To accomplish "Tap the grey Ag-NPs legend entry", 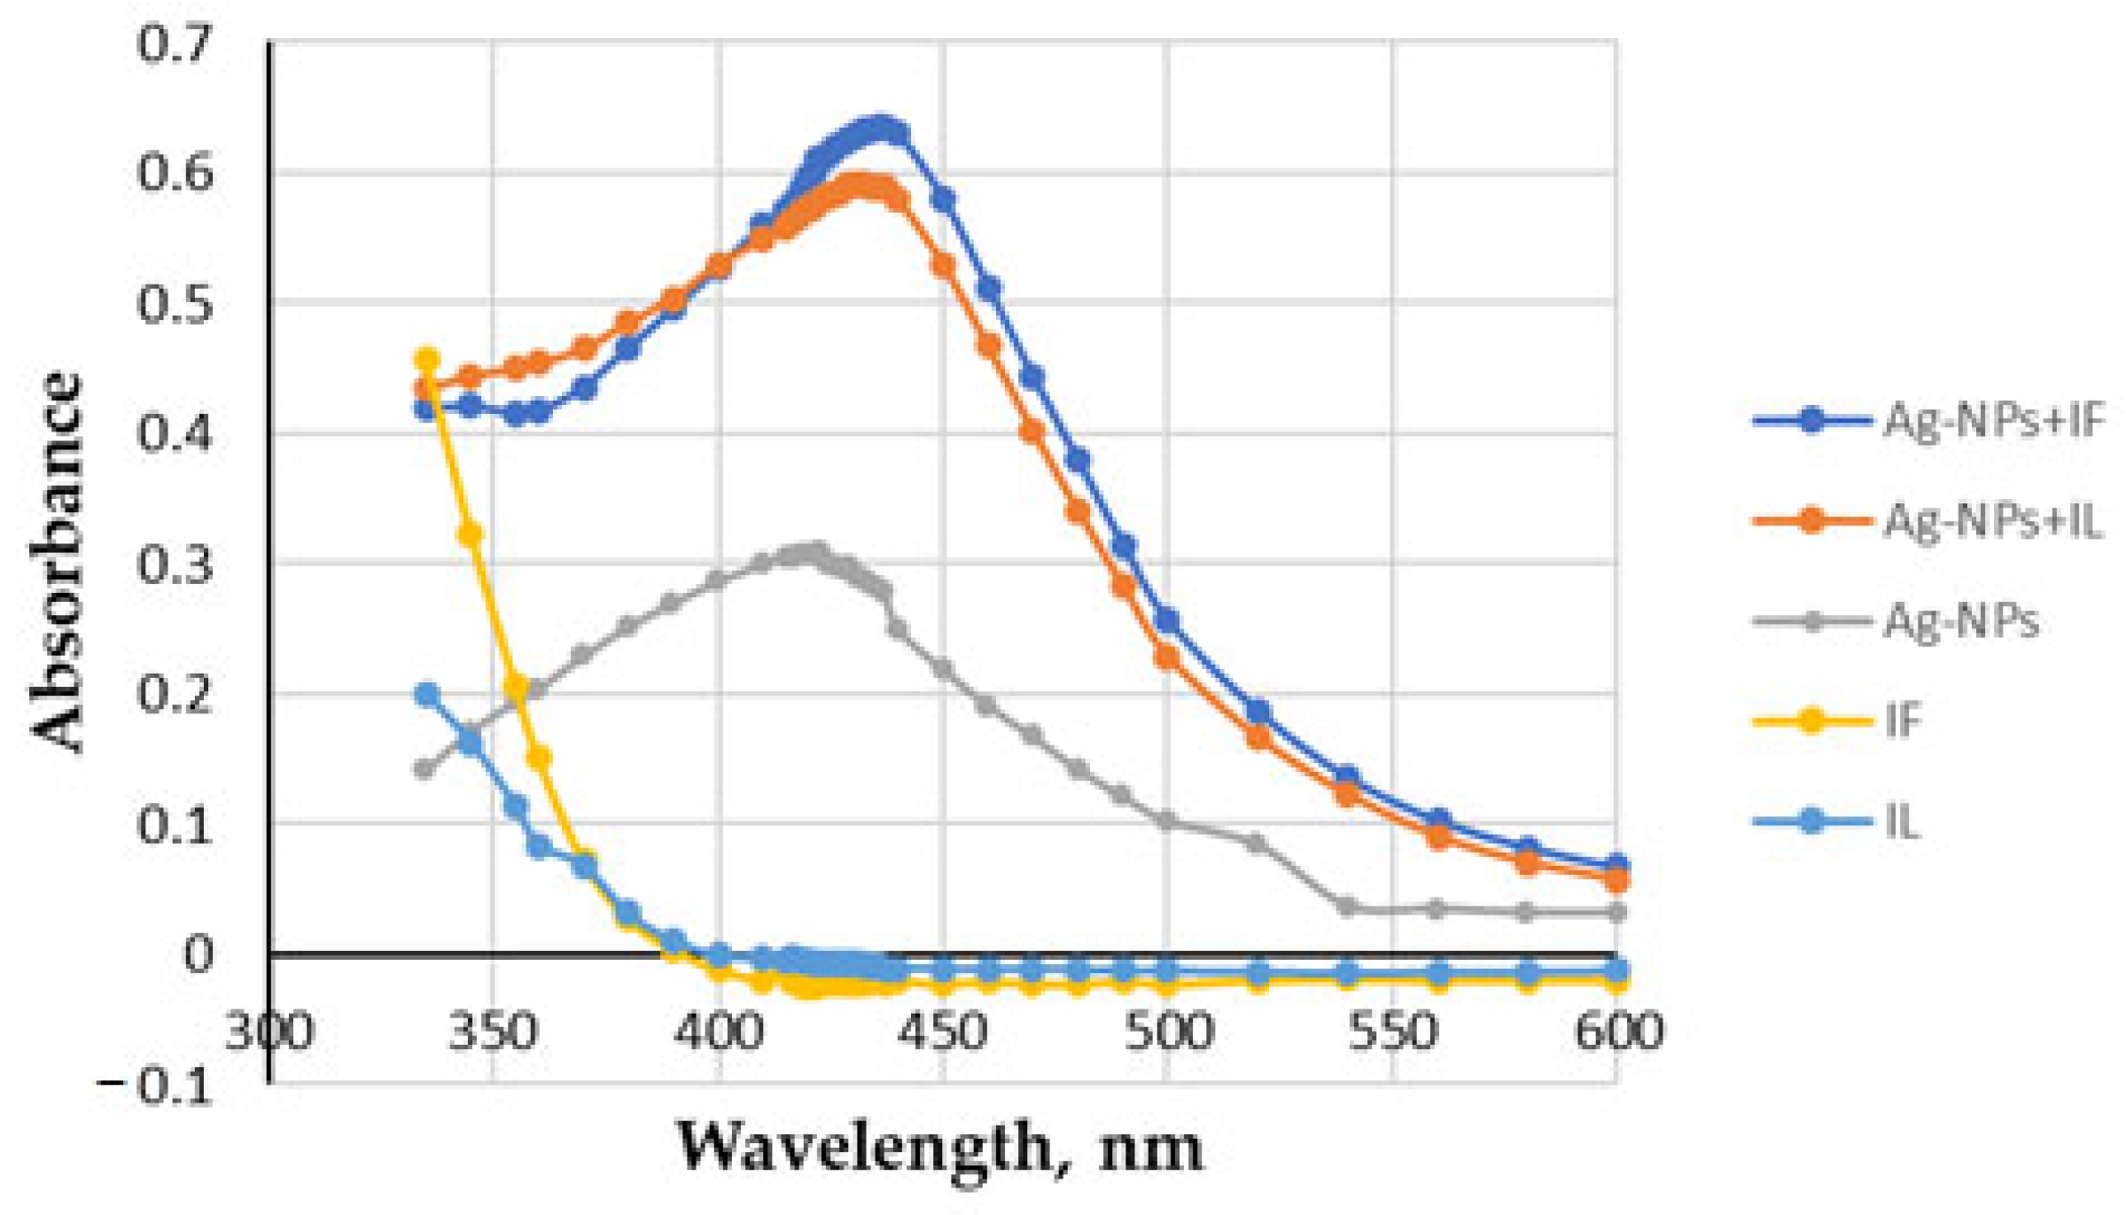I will [1960, 620].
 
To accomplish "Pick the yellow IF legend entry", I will [1904, 720].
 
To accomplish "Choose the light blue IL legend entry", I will [1902, 822].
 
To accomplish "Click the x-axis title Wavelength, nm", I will [939, 1147].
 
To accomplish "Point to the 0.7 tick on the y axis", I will [175, 43].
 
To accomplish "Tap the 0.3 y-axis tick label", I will [175, 565].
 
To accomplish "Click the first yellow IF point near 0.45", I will [427, 360].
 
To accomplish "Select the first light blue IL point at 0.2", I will [427, 695].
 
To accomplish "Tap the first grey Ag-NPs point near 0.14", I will [424, 768].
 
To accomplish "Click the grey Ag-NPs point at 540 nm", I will [1347, 907].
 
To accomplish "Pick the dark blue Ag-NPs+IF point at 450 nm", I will [942, 199].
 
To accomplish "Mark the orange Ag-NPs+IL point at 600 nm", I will [1616, 880].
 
